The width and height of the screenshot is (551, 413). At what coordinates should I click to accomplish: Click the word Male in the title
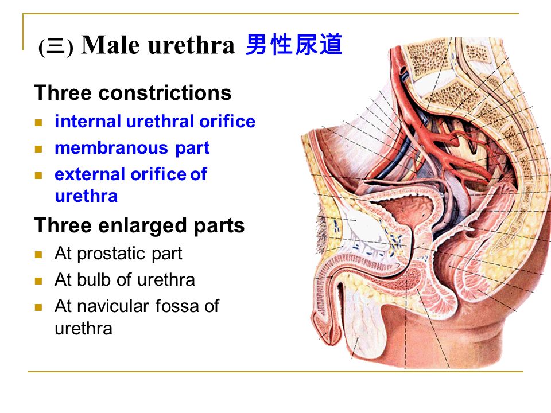[x=110, y=45]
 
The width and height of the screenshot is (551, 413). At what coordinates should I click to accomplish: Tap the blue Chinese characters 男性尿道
[x=294, y=45]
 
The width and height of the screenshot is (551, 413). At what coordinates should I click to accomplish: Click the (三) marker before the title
[x=56, y=46]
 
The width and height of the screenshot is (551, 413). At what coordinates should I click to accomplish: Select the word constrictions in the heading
[x=165, y=93]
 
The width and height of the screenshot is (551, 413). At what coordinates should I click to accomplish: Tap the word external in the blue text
[x=90, y=174]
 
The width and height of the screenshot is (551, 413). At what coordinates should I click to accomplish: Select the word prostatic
[x=112, y=254]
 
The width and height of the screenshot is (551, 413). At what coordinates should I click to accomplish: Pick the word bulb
[x=94, y=280]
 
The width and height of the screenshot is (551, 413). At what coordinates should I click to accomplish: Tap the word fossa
[x=177, y=306]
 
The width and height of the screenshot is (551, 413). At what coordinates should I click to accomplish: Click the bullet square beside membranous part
[x=38, y=149]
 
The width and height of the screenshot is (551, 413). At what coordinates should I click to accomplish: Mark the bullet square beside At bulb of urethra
[x=38, y=281]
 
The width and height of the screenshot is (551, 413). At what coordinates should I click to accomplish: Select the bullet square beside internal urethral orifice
[x=38, y=123]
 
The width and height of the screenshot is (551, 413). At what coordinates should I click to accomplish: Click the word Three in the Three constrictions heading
[x=64, y=93]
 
